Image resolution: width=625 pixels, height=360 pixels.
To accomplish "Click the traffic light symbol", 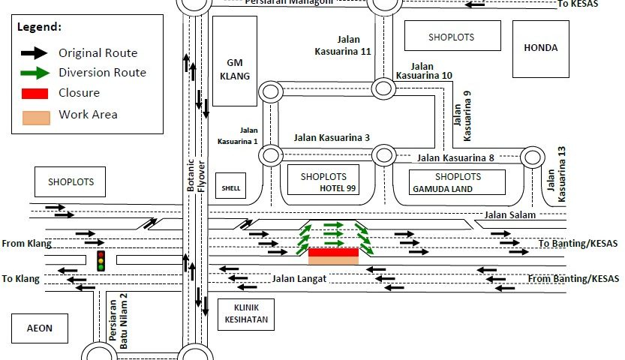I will point(101,261).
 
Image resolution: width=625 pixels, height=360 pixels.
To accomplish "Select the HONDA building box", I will point(541,48).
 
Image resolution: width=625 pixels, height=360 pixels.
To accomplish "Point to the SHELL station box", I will point(230,187).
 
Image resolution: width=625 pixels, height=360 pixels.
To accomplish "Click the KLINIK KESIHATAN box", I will point(245,315).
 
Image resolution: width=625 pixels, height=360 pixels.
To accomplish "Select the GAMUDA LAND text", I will point(443,189).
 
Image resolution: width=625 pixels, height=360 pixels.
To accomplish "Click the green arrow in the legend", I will point(36,73).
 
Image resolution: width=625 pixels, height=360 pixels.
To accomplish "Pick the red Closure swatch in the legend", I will point(36,94).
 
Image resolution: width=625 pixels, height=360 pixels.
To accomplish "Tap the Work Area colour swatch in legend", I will point(36,116).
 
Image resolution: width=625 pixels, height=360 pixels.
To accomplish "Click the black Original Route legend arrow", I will point(36,52).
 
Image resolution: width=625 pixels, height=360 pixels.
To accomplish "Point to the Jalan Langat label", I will point(298,279).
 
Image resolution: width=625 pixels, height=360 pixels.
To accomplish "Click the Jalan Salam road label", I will point(510,215).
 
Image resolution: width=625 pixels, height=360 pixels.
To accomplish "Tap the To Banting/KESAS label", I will point(578,244).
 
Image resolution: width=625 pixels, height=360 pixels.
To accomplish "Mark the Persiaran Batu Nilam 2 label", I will point(119,310).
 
